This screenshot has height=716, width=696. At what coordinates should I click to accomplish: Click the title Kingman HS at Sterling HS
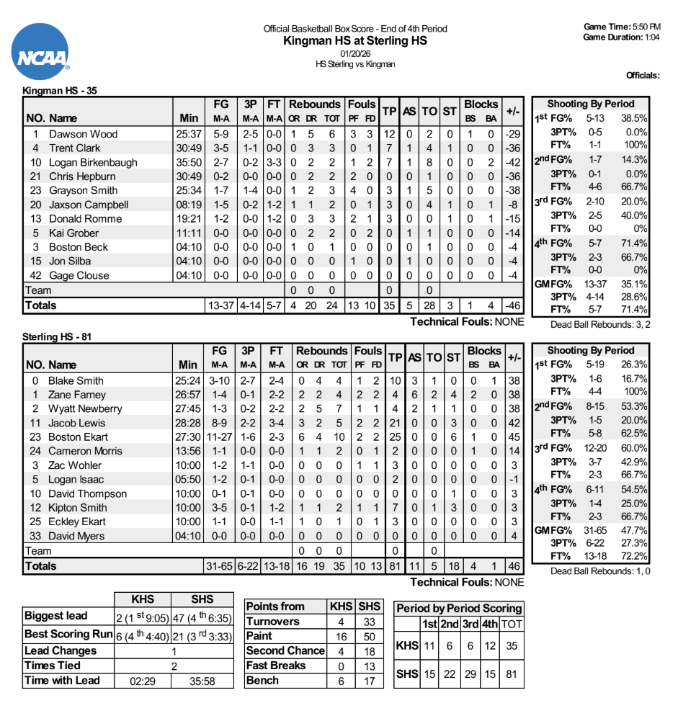(355, 41)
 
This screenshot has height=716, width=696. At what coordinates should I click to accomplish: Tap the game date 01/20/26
(355, 53)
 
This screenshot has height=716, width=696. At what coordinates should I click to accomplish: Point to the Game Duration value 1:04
(653, 37)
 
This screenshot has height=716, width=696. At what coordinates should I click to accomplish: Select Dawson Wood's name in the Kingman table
(83, 134)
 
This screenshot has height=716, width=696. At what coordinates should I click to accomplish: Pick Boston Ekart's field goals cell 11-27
(220, 437)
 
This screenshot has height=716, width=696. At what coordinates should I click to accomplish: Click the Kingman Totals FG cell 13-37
(220, 305)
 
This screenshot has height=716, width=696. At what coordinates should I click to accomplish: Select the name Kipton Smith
(77, 508)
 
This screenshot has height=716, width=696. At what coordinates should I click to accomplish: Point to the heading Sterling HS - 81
(57, 336)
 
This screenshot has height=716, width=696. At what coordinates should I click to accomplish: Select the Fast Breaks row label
(277, 666)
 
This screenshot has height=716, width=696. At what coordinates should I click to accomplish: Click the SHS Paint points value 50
(370, 636)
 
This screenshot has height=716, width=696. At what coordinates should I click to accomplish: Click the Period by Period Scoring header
(459, 608)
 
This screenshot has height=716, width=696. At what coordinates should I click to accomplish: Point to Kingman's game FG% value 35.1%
(635, 284)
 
